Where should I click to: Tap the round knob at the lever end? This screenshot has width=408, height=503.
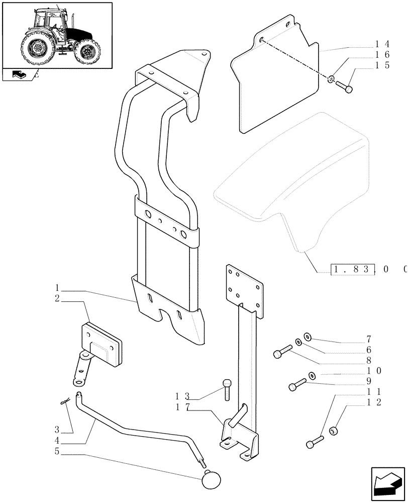[210, 479]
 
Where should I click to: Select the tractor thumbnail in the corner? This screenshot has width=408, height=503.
[57, 35]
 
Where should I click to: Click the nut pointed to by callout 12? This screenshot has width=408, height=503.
[333, 431]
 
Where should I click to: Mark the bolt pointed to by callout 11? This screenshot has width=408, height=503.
[315, 443]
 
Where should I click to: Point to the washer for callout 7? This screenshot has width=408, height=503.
[308, 336]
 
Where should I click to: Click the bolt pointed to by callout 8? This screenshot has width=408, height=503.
[282, 352]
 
